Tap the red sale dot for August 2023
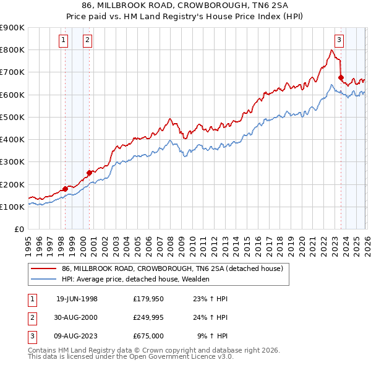(341, 77)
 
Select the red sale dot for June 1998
(66, 189)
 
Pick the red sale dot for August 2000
(89, 173)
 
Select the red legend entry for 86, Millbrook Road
(172, 268)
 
